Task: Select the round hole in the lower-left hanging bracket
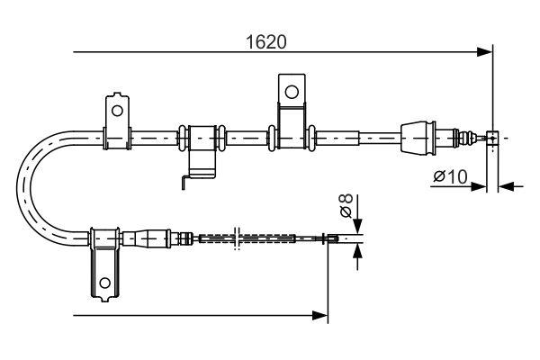(x=105, y=283)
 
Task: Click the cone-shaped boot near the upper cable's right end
(x=418, y=138)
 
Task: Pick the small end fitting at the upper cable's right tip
(x=492, y=138)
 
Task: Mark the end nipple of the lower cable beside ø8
(x=333, y=238)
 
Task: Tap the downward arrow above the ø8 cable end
(x=359, y=226)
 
